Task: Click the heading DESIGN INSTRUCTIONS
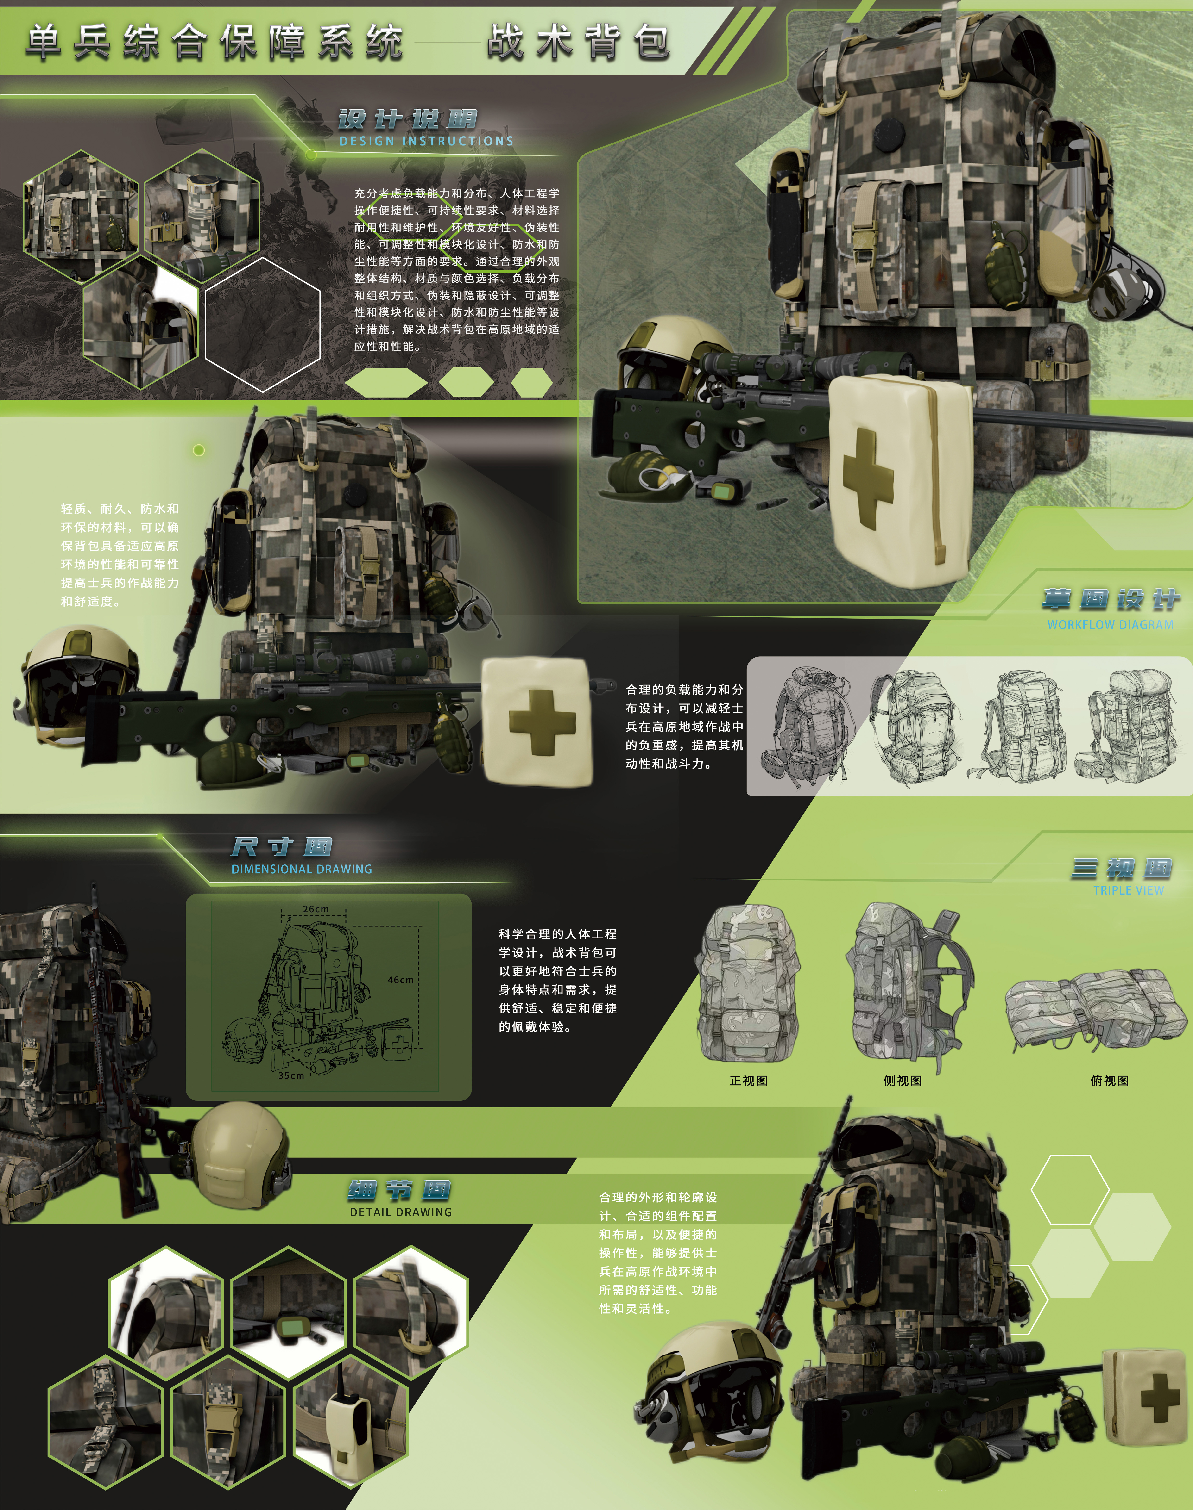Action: (426, 141)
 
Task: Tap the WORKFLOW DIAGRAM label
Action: (1110, 625)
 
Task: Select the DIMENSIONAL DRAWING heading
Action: (302, 869)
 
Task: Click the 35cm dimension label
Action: (291, 1076)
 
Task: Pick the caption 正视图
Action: (749, 1081)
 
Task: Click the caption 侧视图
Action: (903, 1081)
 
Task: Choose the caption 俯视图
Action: (1110, 1081)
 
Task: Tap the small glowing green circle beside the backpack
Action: (199, 450)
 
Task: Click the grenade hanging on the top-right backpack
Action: (1003, 274)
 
